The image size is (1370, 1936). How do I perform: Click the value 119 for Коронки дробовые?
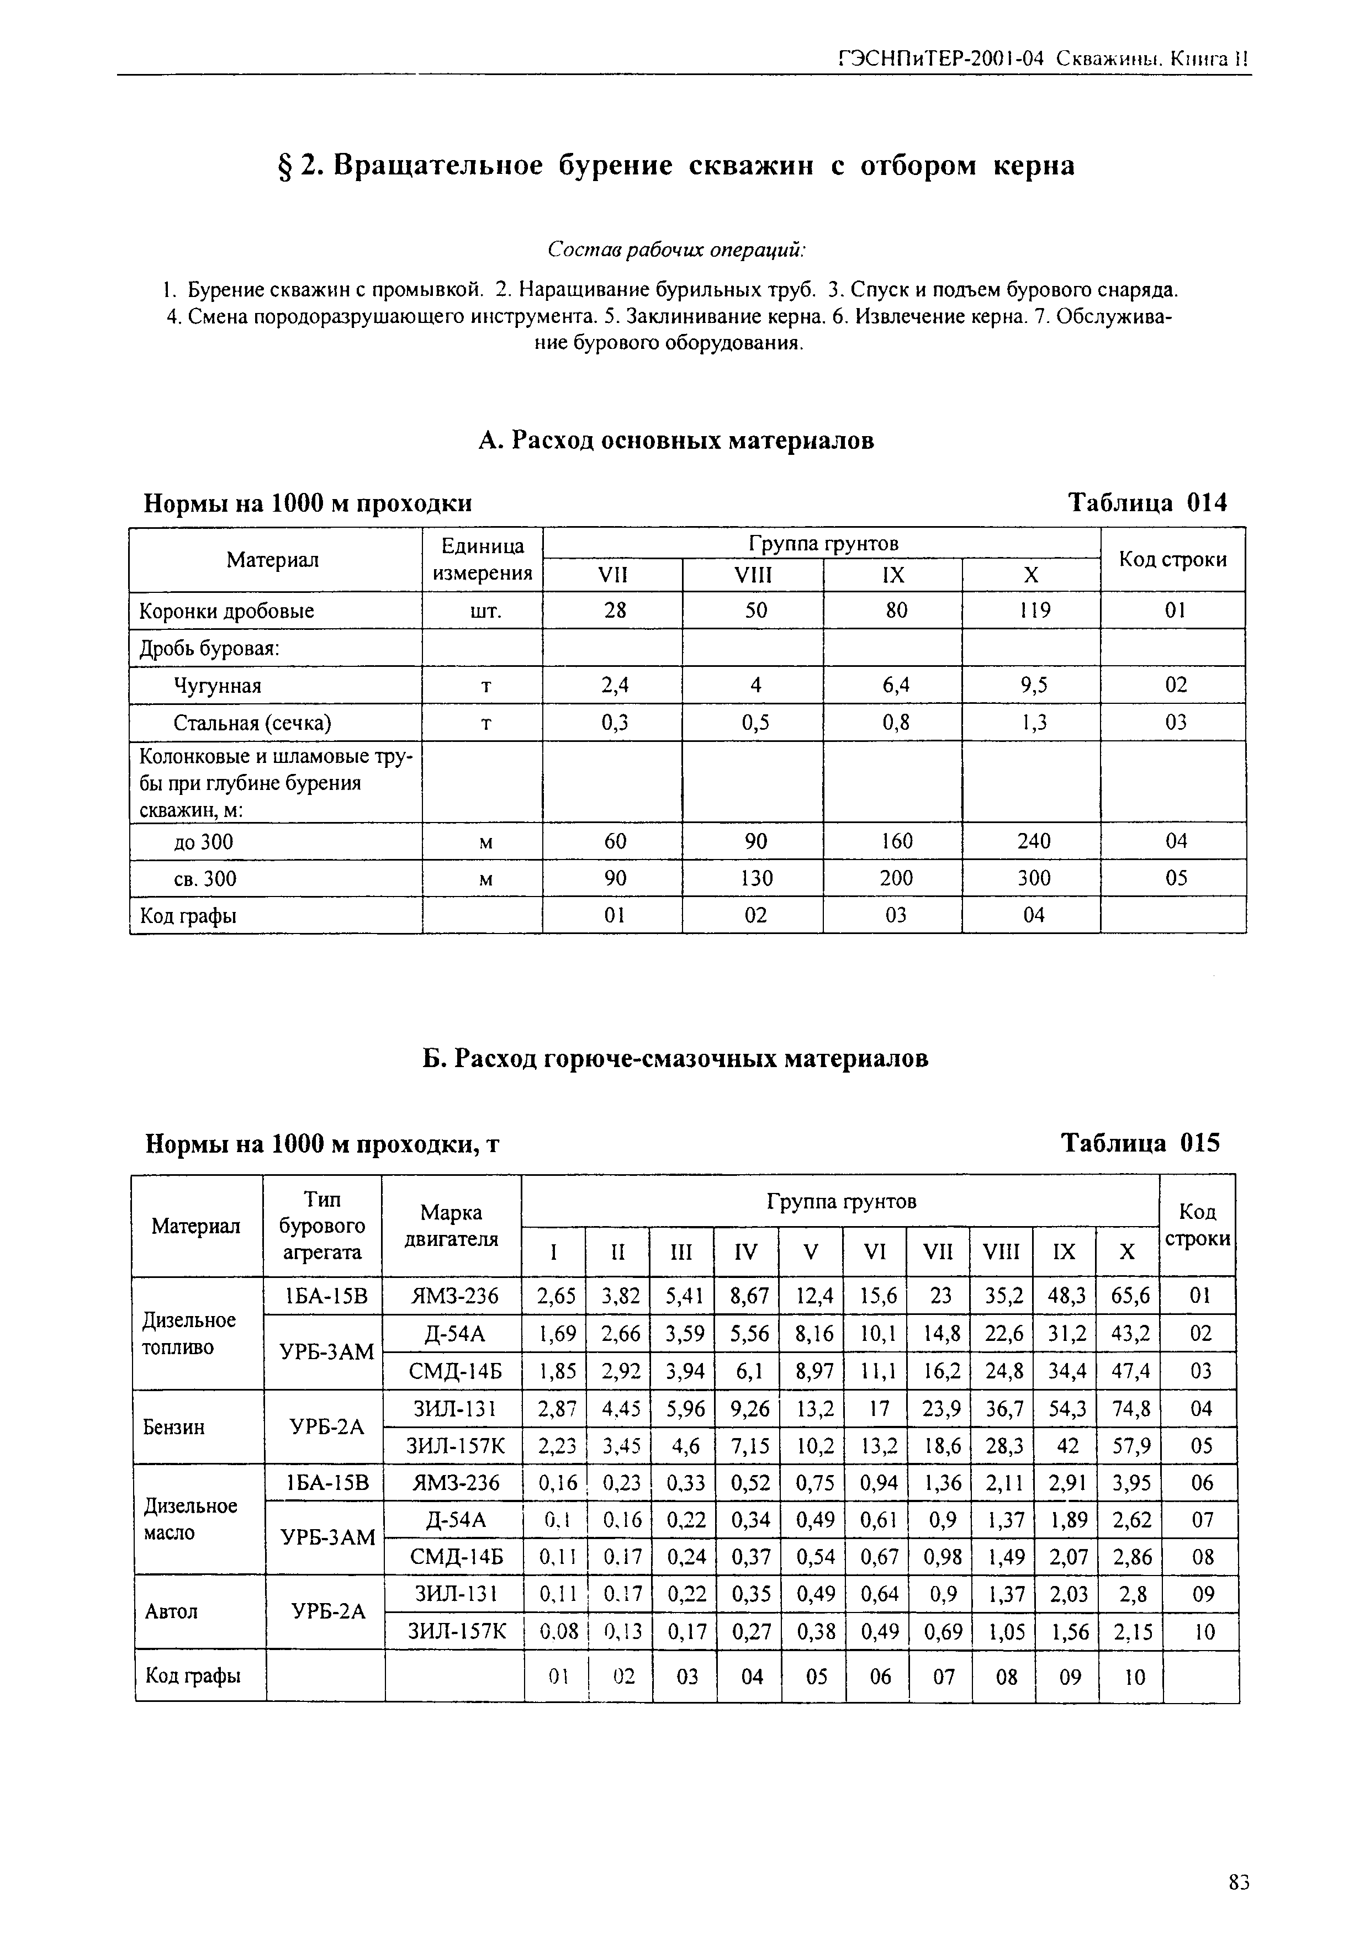pos(1033,611)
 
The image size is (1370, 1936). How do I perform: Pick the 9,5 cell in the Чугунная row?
pos(1033,685)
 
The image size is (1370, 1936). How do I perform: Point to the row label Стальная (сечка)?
pos(252,723)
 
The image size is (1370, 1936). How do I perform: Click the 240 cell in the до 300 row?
pos(1033,841)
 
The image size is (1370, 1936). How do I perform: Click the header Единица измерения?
pos(483,559)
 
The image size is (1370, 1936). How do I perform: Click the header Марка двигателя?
pos(452,1225)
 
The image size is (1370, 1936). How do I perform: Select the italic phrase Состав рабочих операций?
pos(676,251)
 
